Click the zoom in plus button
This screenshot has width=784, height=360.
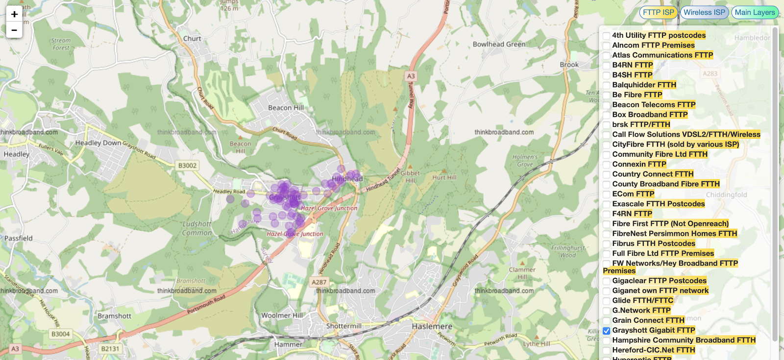click(14, 14)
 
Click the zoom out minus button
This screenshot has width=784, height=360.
click(14, 30)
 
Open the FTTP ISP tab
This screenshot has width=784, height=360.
click(658, 12)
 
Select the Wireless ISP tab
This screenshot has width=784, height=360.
click(704, 12)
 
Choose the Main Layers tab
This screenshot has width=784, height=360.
click(755, 12)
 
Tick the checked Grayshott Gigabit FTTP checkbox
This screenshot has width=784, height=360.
click(607, 331)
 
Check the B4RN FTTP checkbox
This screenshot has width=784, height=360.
click(607, 65)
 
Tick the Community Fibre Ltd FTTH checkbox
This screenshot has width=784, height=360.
click(607, 154)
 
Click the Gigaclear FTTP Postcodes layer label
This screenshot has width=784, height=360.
click(659, 281)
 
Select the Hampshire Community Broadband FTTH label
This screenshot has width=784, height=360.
click(684, 340)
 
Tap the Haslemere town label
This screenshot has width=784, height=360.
click(432, 326)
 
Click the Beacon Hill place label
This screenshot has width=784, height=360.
click(286, 108)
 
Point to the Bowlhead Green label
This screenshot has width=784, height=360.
click(499, 44)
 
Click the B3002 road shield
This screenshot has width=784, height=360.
click(187, 166)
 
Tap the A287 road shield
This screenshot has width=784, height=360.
click(319, 282)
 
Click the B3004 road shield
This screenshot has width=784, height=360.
click(60, 334)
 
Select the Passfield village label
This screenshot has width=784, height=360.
click(19, 239)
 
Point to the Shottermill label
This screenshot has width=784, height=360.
click(344, 326)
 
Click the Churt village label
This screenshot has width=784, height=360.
click(192, 39)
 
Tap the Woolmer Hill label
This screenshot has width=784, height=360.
click(282, 315)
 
